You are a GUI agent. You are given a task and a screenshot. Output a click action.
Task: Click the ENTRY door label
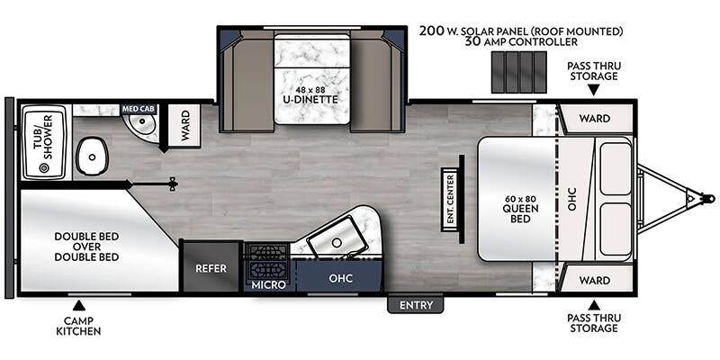(416, 305)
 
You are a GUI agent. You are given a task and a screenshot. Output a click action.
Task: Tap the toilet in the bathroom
(92, 157)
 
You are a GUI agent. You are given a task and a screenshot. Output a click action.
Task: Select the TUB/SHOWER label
(43, 138)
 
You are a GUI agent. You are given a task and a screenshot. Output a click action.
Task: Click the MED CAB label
(139, 109)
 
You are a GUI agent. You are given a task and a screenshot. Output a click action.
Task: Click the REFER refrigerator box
(211, 268)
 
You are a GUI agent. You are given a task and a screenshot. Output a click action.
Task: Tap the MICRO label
(268, 284)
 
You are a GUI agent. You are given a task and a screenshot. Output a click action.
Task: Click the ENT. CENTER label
(451, 200)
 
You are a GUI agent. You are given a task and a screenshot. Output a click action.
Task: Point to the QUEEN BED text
(520, 213)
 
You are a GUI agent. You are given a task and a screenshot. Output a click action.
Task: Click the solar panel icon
(519, 72)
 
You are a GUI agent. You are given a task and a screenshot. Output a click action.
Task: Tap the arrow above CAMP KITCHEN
(79, 304)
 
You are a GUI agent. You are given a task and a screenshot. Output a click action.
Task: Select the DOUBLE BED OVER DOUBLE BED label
(86, 247)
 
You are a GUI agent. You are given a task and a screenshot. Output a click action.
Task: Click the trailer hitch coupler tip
(711, 199)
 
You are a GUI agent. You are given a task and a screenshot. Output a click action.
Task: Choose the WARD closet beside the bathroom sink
(184, 125)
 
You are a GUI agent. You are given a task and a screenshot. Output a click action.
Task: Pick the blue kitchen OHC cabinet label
(341, 278)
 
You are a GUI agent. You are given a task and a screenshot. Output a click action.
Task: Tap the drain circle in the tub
(44, 168)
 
